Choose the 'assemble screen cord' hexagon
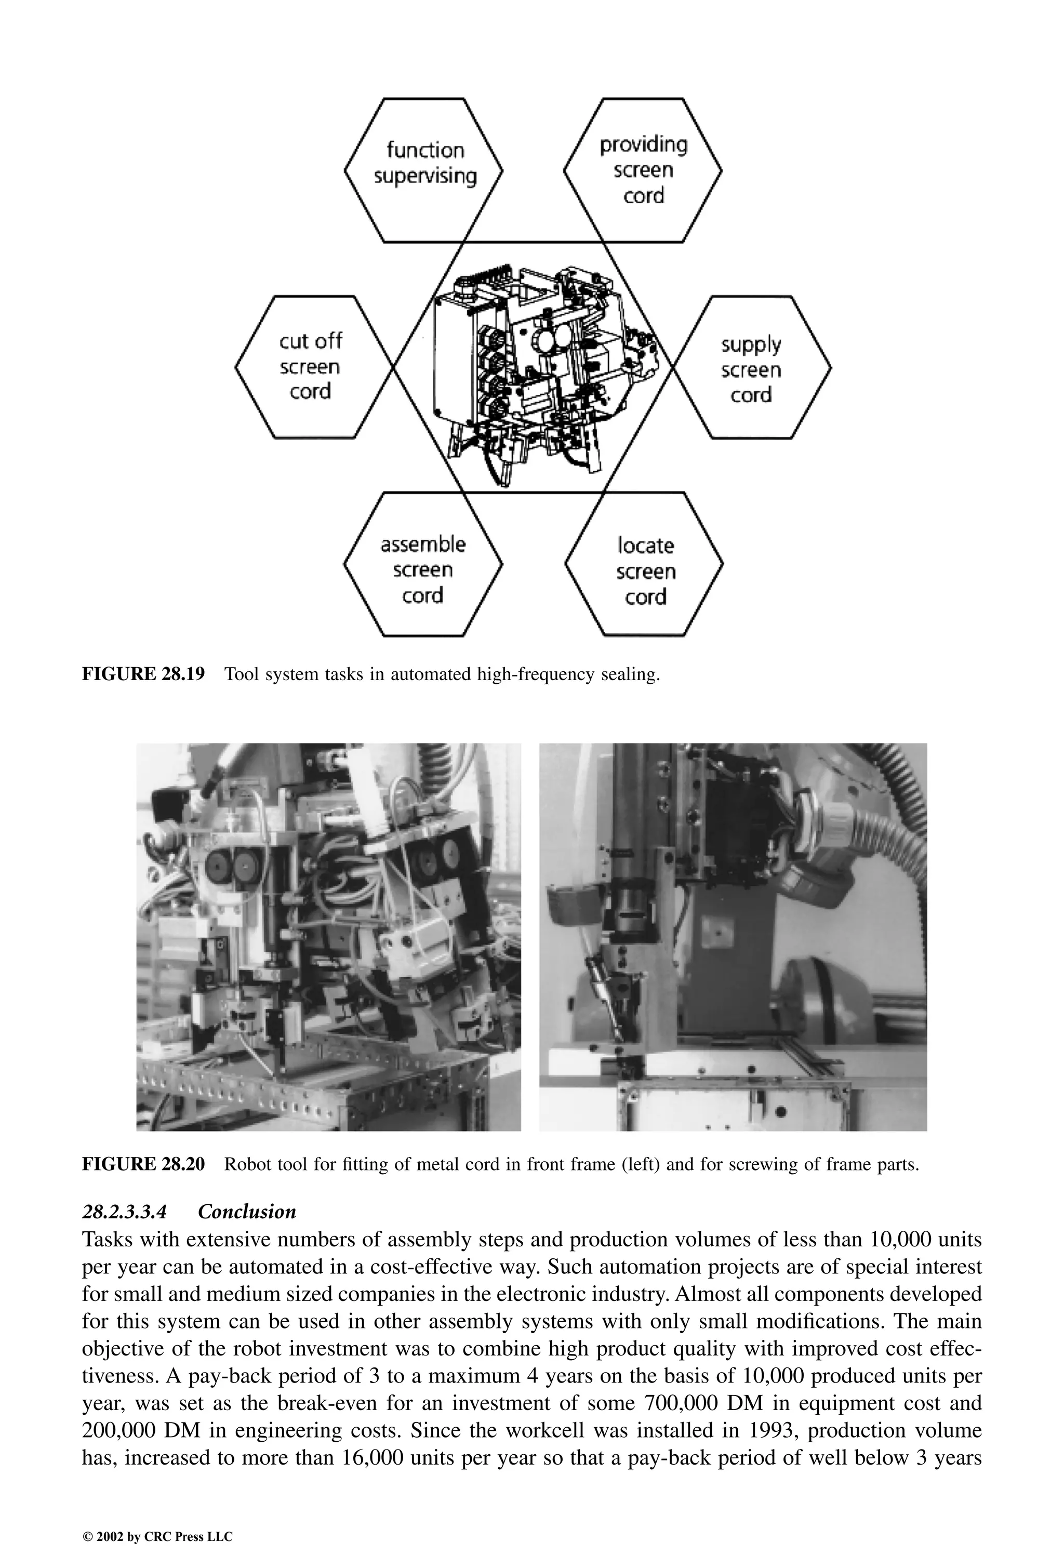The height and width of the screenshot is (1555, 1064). pos(423,569)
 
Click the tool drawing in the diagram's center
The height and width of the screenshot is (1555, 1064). pos(542,375)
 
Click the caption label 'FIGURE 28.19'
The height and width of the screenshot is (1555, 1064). pos(142,674)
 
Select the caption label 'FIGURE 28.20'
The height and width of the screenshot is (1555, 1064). pos(142,1164)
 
